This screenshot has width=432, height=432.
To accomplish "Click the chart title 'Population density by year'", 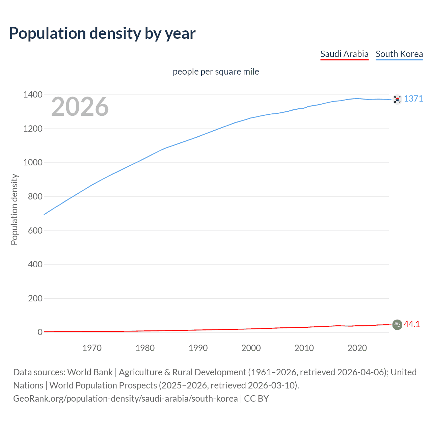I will (x=102, y=33).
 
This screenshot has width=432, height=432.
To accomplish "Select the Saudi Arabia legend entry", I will (x=344, y=54).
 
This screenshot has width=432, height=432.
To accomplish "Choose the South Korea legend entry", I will (x=399, y=54).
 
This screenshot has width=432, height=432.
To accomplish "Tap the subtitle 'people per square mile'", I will (x=216, y=72).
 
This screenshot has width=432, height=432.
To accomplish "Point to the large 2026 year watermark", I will (x=80, y=107).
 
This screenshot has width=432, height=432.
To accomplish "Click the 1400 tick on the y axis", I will (x=33, y=95).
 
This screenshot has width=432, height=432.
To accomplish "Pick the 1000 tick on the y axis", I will (x=33, y=163).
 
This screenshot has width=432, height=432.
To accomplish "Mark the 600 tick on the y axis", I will (x=35, y=231).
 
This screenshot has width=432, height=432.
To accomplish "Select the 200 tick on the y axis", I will (x=35, y=298).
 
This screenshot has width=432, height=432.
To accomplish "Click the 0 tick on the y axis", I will (x=40, y=332).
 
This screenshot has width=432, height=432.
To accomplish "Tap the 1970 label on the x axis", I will (x=92, y=348).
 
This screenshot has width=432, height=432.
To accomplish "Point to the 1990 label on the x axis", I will (x=198, y=348).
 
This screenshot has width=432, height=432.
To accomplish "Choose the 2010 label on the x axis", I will (x=304, y=348).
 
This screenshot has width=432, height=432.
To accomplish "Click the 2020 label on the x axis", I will (x=357, y=348).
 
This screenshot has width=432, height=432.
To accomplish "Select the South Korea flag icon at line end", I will (x=397, y=99).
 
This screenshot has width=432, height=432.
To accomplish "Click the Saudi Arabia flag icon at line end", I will (x=397, y=325).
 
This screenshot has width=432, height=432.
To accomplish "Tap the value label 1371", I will (x=413, y=99).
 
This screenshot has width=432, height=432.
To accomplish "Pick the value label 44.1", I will (x=412, y=324).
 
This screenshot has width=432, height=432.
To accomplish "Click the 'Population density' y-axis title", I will (x=14, y=209).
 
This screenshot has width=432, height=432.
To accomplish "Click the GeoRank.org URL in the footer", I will (x=125, y=399).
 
